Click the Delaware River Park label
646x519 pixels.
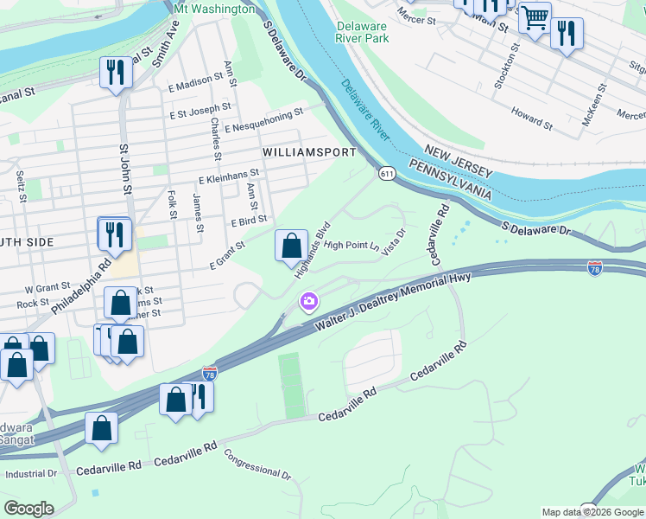[x=363, y=31]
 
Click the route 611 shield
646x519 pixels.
[x=386, y=174]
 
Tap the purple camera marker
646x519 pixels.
[x=307, y=302]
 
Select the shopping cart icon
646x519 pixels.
[x=535, y=16]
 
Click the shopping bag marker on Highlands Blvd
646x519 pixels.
[x=292, y=246]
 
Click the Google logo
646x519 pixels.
[x=29, y=509]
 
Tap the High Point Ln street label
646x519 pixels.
[x=351, y=245]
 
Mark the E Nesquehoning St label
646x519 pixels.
[x=263, y=119]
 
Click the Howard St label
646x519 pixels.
[x=531, y=118]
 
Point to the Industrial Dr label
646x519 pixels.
[x=30, y=474]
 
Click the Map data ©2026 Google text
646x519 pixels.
[x=592, y=512]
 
